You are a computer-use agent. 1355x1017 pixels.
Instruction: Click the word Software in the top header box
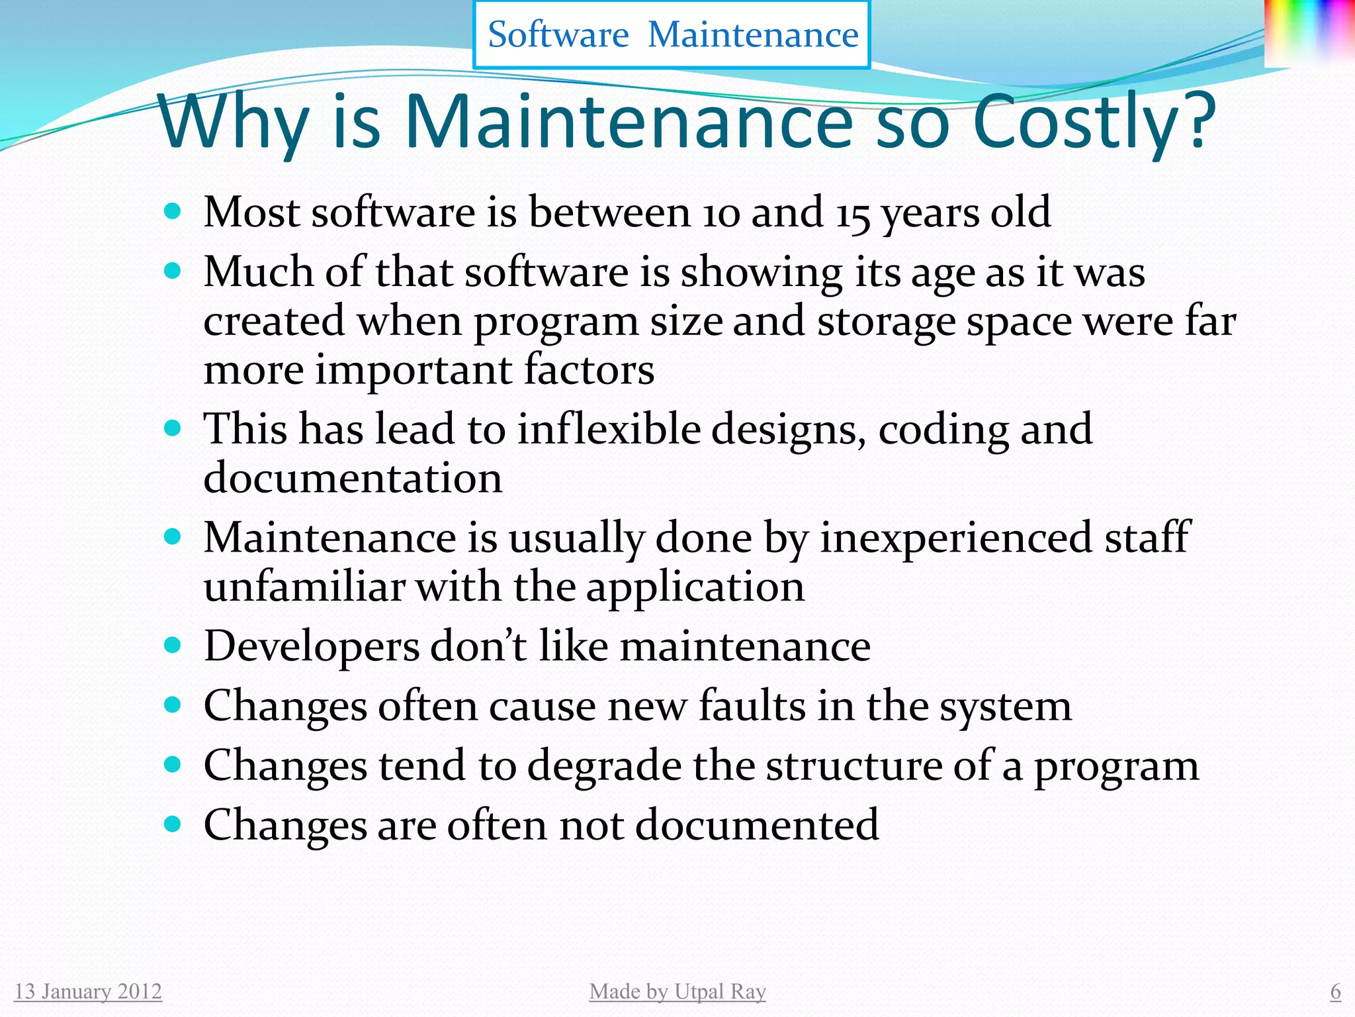(558, 34)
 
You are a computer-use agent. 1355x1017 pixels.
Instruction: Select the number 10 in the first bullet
(720, 214)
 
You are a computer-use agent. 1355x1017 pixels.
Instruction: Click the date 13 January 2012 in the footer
(88, 991)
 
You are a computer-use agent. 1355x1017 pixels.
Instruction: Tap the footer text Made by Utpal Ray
(677, 991)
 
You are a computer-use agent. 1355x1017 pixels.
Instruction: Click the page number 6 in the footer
(1335, 991)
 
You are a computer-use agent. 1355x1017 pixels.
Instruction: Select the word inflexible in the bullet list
(609, 428)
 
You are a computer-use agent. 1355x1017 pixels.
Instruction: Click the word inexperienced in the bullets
(957, 537)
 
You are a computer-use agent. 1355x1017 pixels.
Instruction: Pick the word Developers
(312, 646)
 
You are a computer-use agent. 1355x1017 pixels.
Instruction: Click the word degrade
(604, 766)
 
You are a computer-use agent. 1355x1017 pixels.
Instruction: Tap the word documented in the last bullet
(757, 825)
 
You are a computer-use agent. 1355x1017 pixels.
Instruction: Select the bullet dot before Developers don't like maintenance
(172, 645)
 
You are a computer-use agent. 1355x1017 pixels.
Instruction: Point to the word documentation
(353, 477)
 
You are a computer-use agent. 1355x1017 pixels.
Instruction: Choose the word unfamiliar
(304, 587)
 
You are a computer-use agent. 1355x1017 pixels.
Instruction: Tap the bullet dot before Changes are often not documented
(172, 824)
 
